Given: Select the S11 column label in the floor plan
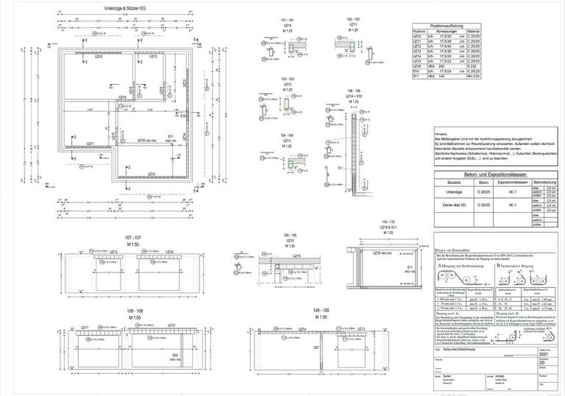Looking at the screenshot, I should (170, 136).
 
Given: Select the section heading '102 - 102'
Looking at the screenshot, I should (352, 18).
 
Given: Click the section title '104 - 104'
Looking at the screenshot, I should (286, 135).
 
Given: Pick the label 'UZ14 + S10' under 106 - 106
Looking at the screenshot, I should (363, 96).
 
